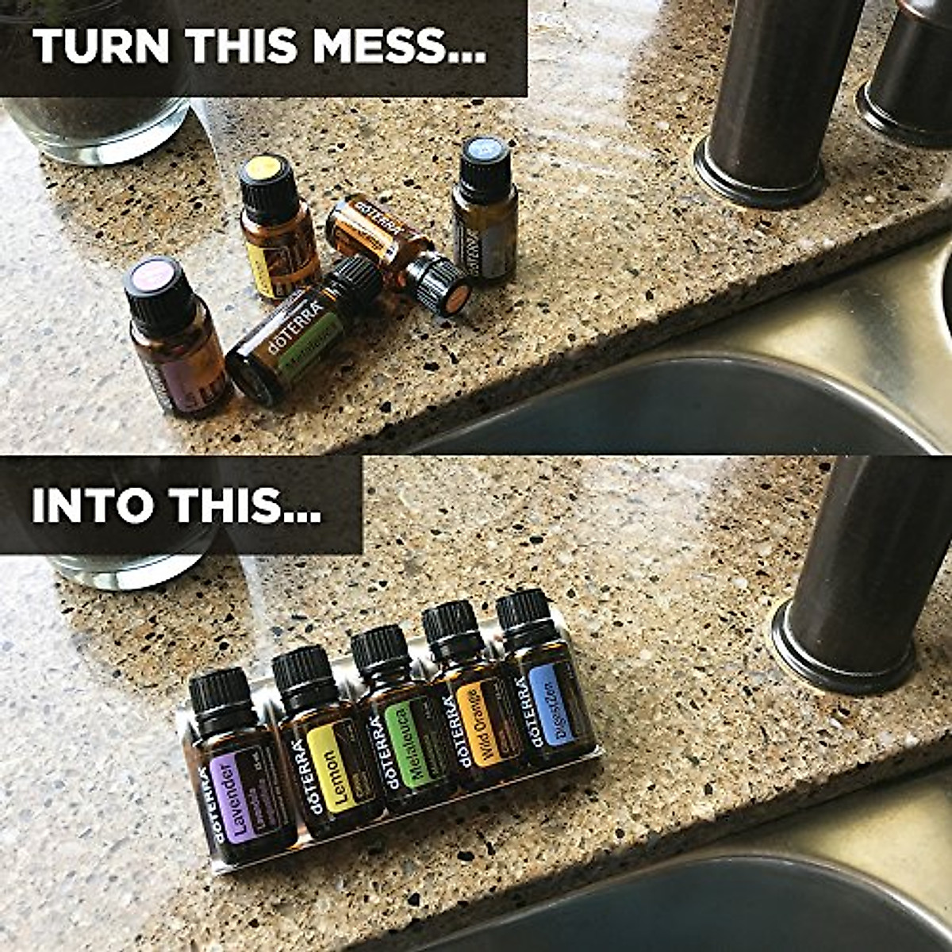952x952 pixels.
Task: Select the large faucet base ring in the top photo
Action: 758,175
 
